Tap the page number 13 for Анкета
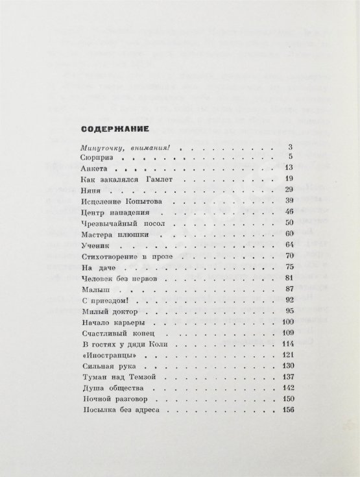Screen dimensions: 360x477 click(290, 167)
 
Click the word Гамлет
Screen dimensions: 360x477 click(159, 178)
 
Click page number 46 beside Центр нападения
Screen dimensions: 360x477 click(290, 212)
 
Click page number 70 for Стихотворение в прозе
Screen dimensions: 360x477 click(290, 257)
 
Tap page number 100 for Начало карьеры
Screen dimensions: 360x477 click(289, 323)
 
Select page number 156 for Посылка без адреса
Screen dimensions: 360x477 click(289, 411)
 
